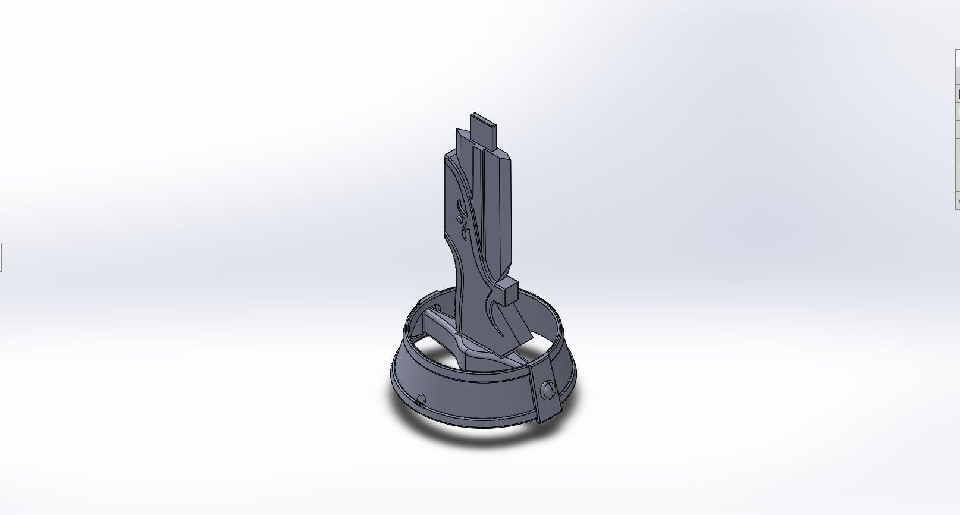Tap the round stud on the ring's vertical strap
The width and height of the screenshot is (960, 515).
[547, 391]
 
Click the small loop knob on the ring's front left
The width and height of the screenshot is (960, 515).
[421, 399]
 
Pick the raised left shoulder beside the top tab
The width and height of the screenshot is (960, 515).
[463, 139]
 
